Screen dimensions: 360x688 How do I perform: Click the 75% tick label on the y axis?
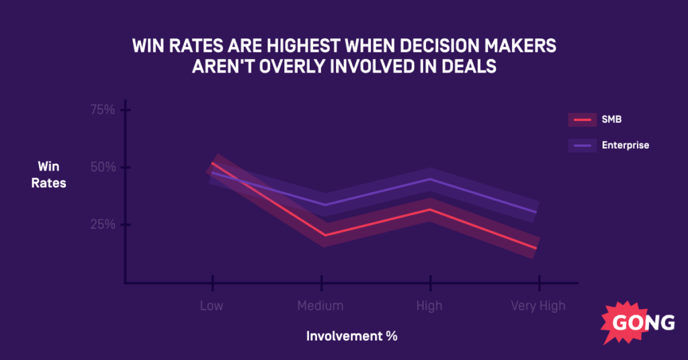pos(103,109)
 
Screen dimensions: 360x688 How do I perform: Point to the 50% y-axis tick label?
pos(103,167)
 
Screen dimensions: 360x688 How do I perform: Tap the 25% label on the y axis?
pos(103,224)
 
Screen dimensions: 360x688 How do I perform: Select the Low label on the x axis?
pos(212,306)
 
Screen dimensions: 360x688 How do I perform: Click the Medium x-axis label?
pos(320,306)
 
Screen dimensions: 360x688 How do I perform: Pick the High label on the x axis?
pos(429,306)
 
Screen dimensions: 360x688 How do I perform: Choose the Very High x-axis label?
pos(537,306)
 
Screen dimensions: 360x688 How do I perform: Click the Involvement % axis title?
pos(352,336)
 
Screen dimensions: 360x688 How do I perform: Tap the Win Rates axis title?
pos(48,174)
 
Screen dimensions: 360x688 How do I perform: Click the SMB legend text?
pos(612,120)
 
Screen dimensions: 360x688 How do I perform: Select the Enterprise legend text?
pos(626,145)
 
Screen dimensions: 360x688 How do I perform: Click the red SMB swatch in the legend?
pos(582,120)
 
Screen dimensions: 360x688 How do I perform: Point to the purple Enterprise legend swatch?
pos(582,145)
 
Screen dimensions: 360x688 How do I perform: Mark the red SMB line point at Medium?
pos(324,235)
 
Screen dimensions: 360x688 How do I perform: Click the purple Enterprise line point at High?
pos(429,179)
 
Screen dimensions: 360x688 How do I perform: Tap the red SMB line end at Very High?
pos(536,248)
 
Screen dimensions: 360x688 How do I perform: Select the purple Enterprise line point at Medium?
pos(324,204)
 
